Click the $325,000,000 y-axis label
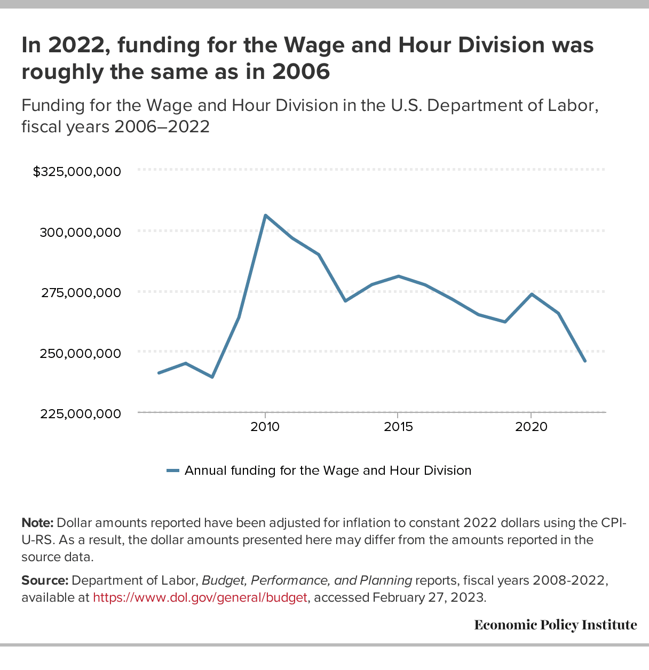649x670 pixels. (x=77, y=172)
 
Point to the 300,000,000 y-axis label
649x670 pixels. (x=80, y=232)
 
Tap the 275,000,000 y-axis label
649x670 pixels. (x=80, y=292)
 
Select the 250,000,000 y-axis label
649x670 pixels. (x=80, y=353)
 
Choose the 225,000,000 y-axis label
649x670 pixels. (x=80, y=413)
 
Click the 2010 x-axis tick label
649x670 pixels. (x=265, y=427)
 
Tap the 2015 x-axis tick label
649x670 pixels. (x=398, y=427)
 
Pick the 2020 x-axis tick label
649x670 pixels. (x=531, y=427)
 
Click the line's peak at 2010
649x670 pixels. (x=265, y=216)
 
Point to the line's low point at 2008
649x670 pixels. (x=212, y=377)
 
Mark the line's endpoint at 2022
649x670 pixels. (x=585, y=361)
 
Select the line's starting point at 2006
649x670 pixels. (x=159, y=373)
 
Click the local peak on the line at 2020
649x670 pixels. (x=532, y=294)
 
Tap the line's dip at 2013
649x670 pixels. (x=345, y=301)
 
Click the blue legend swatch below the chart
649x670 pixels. (x=172, y=470)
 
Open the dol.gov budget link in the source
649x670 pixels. (x=200, y=597)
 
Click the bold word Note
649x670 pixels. (x=37, y=522)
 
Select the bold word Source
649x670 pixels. (x=44, y=580)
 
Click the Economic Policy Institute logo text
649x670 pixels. (x=555, y=625)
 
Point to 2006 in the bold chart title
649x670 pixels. (x=301, y=71)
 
